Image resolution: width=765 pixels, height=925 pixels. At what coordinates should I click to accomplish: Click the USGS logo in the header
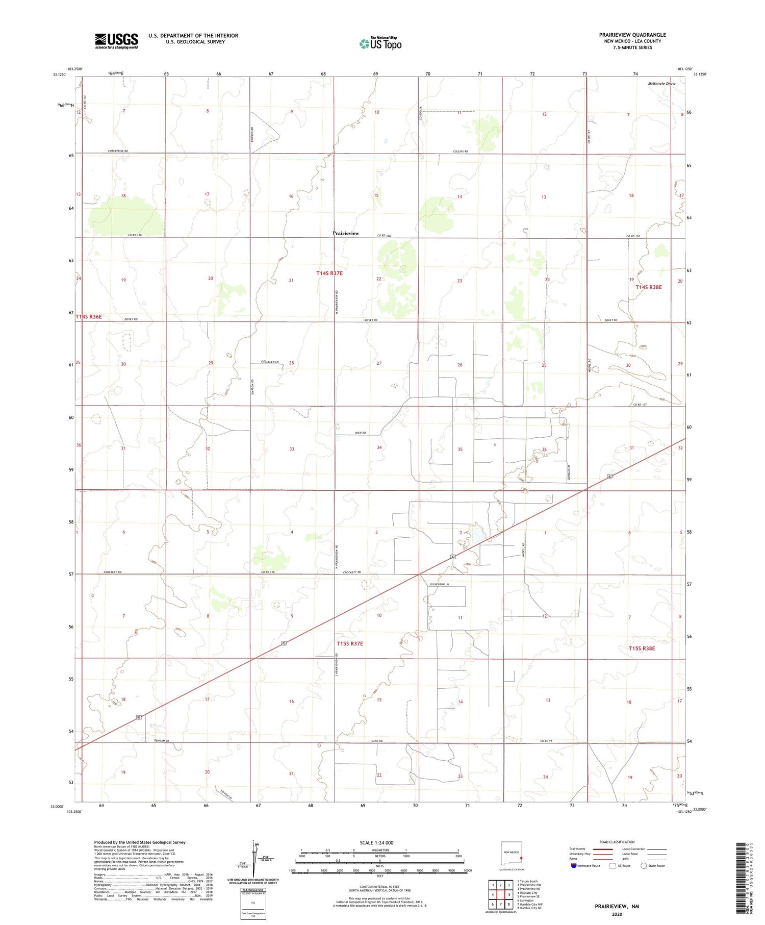[x=116, y=41]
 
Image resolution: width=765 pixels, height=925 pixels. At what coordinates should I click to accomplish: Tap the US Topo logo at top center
[x=380, y=43]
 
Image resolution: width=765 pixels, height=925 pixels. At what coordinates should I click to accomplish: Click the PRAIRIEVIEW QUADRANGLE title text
[x=632, y=35]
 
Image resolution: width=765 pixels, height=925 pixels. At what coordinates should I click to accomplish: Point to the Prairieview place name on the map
[x=346, y=233]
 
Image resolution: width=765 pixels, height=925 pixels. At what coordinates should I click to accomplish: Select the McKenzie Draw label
[x=661, y=83]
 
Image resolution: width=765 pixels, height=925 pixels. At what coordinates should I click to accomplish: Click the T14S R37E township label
[x=329, y=273]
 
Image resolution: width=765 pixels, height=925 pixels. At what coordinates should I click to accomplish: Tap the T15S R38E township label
[x=642, y=648]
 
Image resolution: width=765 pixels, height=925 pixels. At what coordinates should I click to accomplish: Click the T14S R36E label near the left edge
[x=89, y=317]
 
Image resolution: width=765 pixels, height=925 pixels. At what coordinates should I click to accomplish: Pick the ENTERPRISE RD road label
[x=118, y=151]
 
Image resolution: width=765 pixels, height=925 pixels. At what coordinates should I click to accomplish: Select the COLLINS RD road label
[x=460, y=151]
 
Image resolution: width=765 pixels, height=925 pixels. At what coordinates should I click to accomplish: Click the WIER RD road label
[x=361, y=433]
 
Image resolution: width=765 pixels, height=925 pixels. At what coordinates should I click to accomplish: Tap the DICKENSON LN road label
[x=439, y=584]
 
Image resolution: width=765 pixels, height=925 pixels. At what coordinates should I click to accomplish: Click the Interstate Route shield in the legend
[x=574, y=866]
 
